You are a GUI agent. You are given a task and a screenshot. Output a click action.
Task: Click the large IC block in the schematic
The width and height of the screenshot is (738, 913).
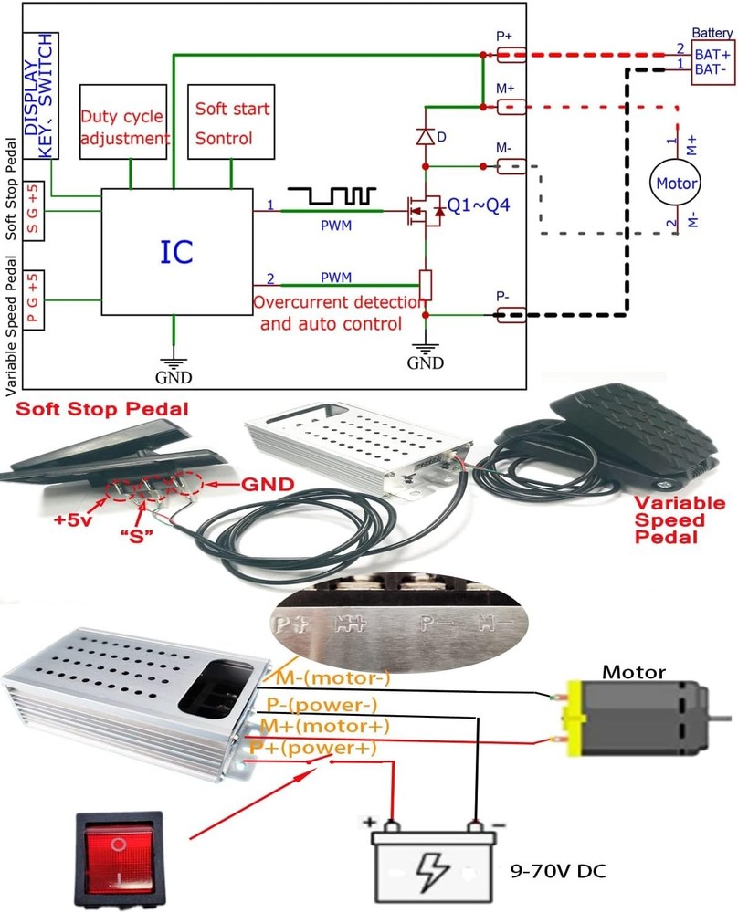[x=175, y=251]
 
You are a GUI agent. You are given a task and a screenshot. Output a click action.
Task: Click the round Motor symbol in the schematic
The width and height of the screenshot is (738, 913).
[x=676, y=184]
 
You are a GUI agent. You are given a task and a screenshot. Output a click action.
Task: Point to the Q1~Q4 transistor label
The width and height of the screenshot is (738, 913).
[x=472, y=205]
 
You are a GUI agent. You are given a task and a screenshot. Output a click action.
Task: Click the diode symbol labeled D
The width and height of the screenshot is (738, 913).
[x=425, y=136]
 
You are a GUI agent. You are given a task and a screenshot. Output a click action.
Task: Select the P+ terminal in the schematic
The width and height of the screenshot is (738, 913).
[x=511, y=55]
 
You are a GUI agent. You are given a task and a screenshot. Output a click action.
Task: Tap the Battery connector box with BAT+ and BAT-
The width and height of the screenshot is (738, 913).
[x=712, y=61]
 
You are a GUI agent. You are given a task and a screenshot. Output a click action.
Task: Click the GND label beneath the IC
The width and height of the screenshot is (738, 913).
[x=174, y=375]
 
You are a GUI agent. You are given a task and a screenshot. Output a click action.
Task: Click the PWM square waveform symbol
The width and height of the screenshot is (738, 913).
[x=332, y=195]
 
